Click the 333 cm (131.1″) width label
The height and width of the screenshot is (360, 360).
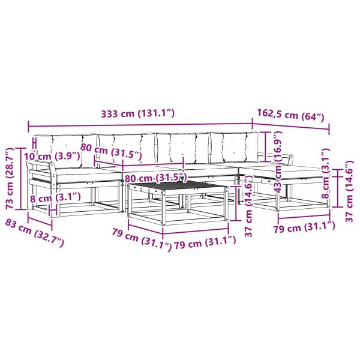[x=138, y=113]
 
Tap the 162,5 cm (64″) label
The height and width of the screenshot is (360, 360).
[x=290, y=115]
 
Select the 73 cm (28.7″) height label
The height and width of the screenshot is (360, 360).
[x=10, y=178]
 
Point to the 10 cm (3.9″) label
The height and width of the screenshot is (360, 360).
[x=52, y=157]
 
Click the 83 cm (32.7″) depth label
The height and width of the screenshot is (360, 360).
[x=34, y=233]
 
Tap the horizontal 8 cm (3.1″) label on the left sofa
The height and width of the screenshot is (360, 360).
[x=55, y=197]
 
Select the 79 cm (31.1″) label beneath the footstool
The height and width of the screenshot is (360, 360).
[x=304, y=227]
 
